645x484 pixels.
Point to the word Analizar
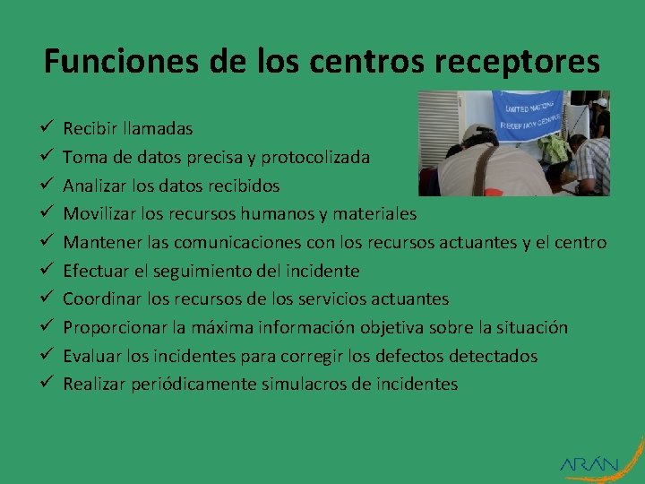pos(96,186)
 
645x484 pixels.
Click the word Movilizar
pos(99,213)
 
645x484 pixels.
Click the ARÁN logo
pos(589,463)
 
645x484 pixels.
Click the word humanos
pos(269,213)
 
